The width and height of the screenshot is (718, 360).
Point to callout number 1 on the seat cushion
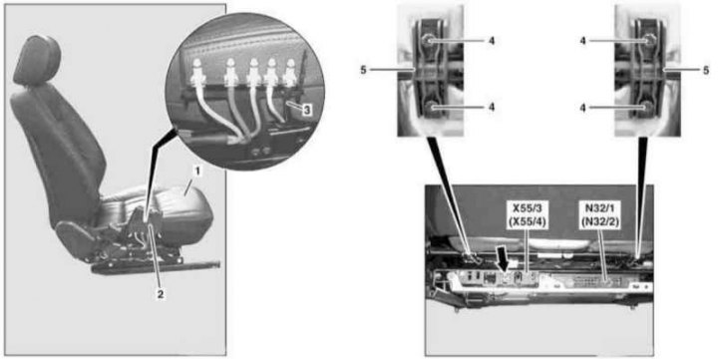196,173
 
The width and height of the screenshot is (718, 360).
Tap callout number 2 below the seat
161,295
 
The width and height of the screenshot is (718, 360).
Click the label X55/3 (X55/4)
528,213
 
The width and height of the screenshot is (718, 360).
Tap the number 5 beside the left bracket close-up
364,71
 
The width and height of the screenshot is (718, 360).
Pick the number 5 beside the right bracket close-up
705,71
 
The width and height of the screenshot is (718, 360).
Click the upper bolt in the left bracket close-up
430,41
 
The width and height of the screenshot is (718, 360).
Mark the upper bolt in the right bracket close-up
649,41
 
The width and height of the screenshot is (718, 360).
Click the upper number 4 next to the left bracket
492,41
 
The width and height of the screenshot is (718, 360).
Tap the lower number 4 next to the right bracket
583,107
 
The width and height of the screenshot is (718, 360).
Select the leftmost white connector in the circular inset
197,73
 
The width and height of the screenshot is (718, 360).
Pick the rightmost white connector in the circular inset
289,73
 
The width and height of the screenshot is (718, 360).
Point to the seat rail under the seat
156,266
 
